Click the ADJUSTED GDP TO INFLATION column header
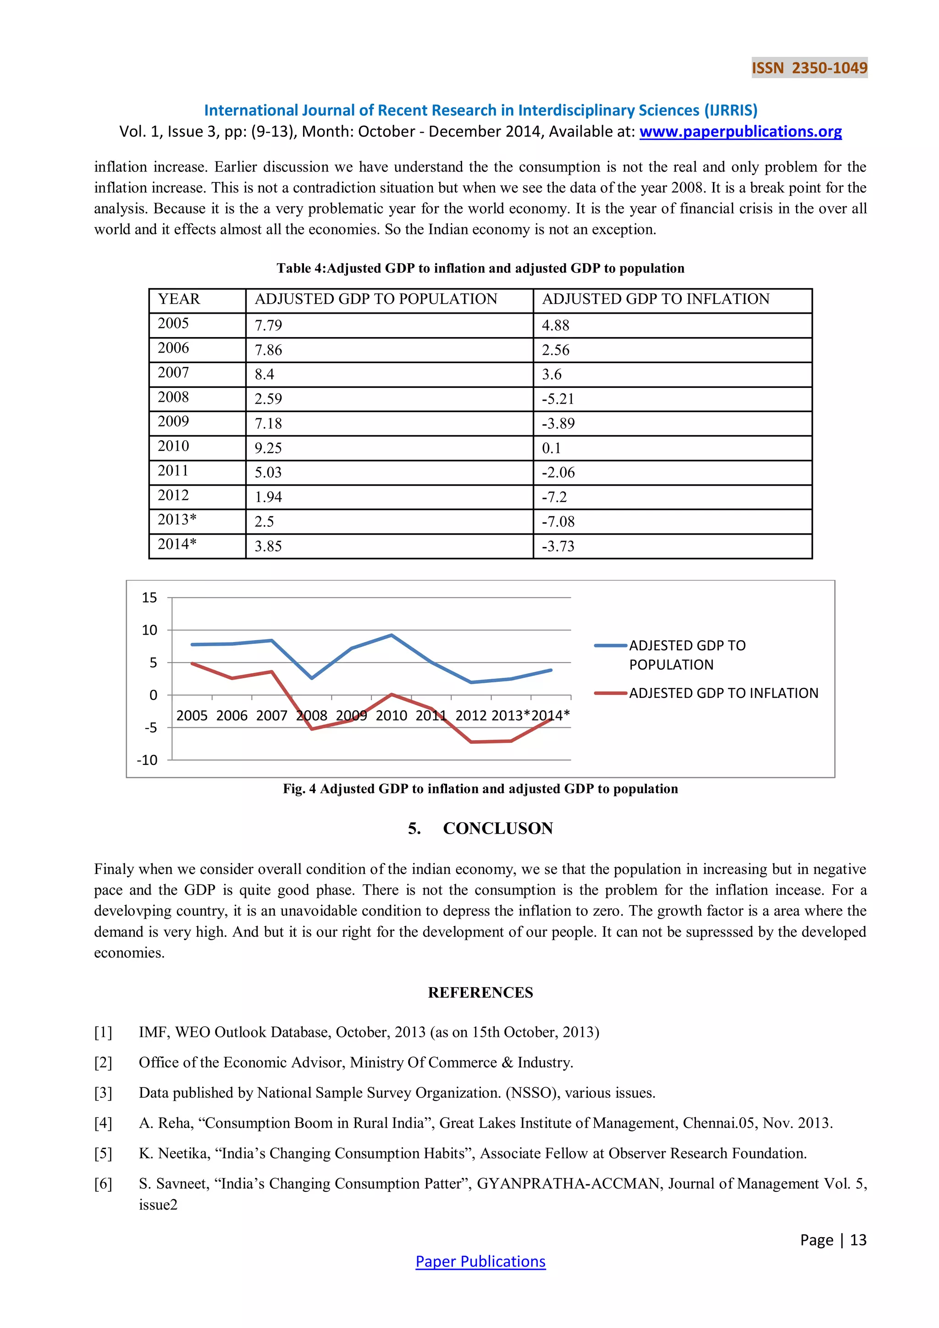(655, 299)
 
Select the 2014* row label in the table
(177, 544)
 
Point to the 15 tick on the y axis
(149, 598)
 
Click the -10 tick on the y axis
(147, 760)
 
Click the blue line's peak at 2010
(392, 635)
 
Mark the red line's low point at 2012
(472, 741)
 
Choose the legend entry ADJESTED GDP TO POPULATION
(686, 655)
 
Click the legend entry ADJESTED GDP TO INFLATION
(723, 693)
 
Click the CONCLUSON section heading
(497, 828)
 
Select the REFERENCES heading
(480, 992)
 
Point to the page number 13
(858, 1240)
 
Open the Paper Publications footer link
(480, 1262)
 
